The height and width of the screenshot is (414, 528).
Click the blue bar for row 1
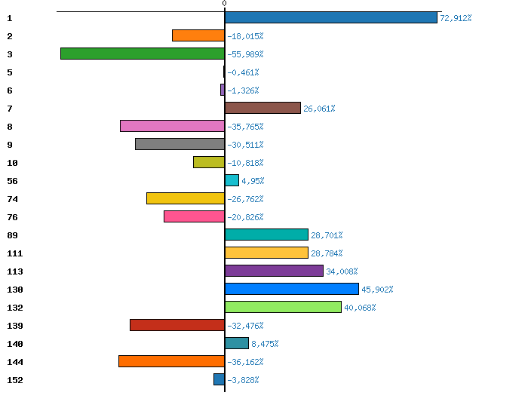330,17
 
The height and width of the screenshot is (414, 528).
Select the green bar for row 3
143,54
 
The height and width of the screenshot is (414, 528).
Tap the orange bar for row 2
198,35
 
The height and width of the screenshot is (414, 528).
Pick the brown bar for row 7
262,108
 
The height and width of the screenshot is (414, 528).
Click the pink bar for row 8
172,126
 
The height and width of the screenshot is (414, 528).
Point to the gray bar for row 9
180,144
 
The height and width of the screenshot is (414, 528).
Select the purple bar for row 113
274,271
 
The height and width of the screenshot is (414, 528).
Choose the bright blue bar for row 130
292,289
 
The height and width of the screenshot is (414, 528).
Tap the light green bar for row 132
283,307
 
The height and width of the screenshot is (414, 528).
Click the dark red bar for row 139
177,325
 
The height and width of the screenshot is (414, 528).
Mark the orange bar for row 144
171,361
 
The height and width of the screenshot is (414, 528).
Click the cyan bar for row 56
232,180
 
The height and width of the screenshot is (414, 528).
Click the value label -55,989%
245,54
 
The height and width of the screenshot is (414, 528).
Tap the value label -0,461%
243,72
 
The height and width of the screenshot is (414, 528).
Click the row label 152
15,380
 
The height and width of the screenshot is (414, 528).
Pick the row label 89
12,235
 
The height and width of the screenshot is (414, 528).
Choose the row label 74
12,199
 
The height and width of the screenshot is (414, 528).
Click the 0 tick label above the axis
224,4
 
